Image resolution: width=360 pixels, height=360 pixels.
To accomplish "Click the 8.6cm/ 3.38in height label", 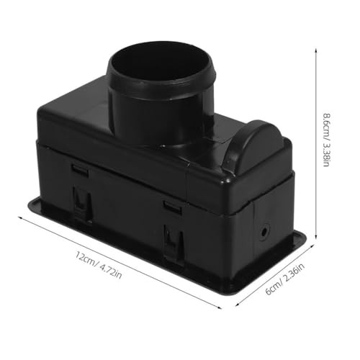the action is [x=326, y=140].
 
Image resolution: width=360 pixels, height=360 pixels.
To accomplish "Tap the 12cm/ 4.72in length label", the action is [x=99, y=265].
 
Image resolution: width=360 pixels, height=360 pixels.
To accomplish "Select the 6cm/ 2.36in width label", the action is [x=285, y=279].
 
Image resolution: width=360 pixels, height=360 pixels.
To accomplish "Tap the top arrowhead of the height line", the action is [x=316, y=50].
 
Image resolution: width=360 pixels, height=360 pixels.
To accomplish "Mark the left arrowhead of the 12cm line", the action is [x=20, y=217].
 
